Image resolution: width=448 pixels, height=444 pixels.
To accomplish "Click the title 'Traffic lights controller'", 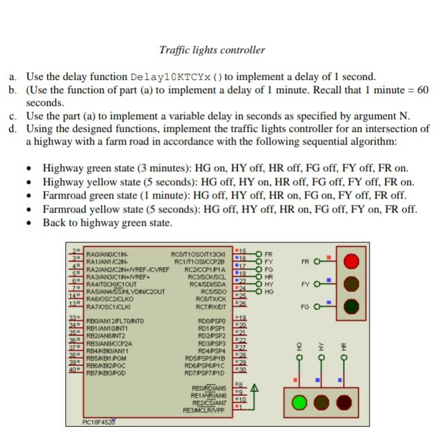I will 212,50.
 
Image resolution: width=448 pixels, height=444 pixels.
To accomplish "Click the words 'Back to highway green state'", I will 107,223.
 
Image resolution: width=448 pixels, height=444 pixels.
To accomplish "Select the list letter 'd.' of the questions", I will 13,129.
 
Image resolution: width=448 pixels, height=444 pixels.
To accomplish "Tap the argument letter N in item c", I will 406,116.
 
